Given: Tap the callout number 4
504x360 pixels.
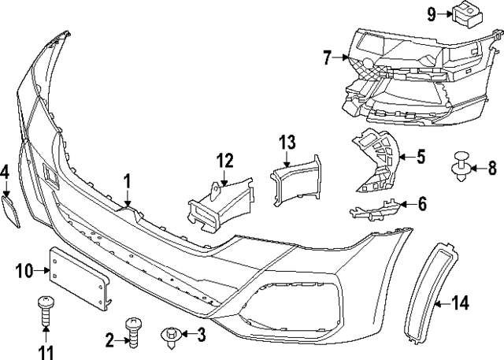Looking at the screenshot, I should tap(5, 172).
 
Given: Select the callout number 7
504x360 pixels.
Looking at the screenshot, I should tap(328, 57).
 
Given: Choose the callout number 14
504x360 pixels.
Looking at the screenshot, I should tap(461, 302).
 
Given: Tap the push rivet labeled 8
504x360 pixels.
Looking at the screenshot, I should tap(460, 168).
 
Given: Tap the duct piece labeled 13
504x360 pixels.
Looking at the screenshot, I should tap(298, 184).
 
